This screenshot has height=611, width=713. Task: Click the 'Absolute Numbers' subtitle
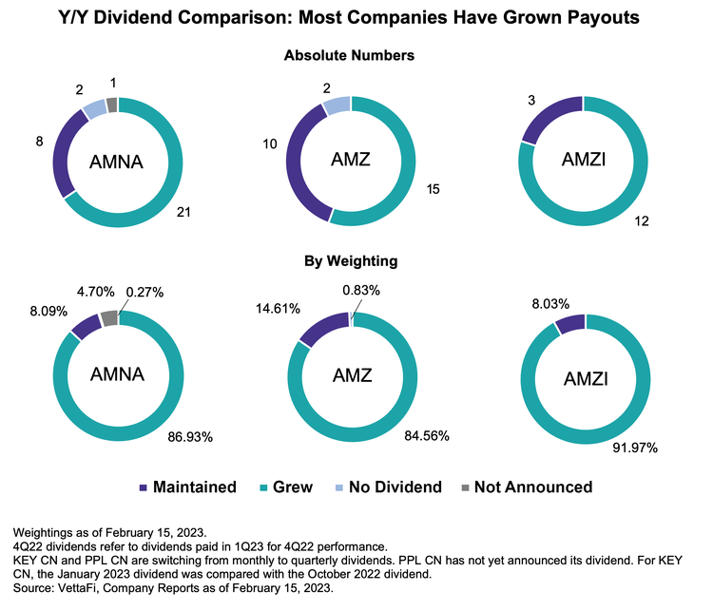tap(350, 56)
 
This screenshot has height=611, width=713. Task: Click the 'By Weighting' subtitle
tap(350, 259)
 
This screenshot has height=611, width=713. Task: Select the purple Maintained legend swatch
tap(145, 487)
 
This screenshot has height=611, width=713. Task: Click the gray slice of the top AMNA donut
tap(112, 105)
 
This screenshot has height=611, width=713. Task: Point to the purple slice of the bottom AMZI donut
tap(570, 324)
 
